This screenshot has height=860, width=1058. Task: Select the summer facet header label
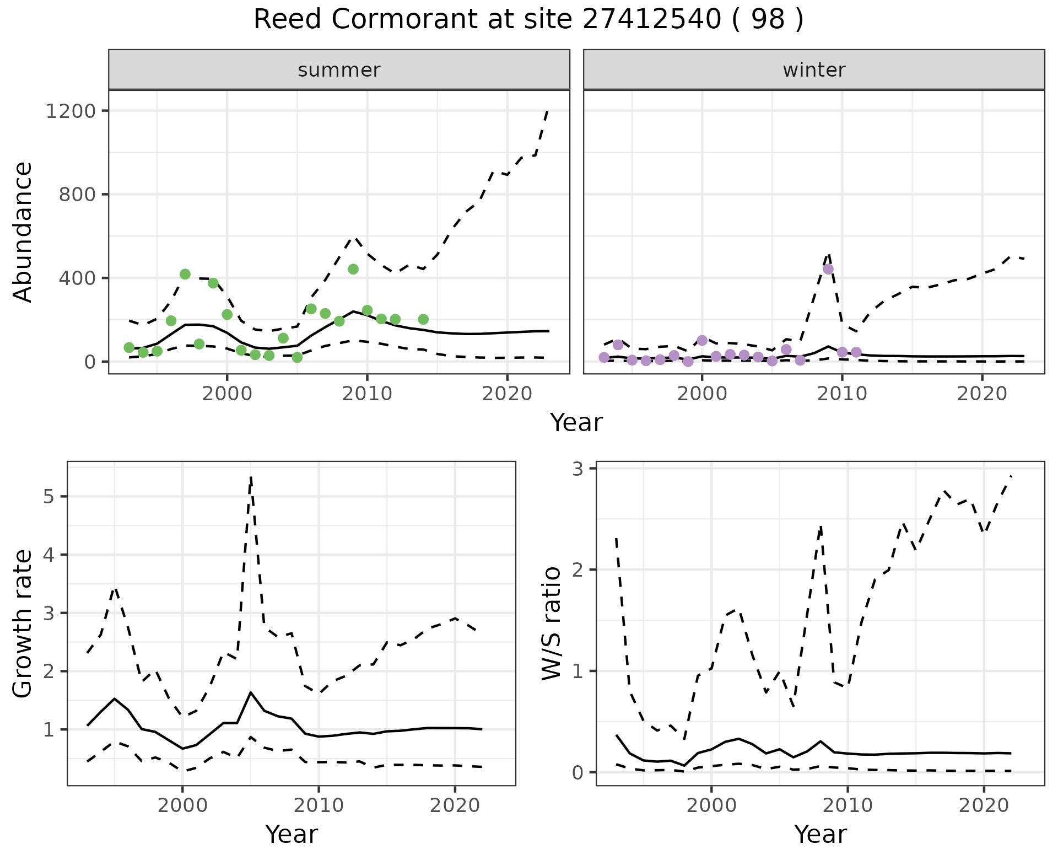click(339, 70)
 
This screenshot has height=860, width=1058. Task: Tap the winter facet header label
click(814, 70)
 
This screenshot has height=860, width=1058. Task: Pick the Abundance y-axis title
click(23, 232)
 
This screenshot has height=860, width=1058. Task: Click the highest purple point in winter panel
click(828, 269)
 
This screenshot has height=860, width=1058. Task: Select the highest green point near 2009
click(353, 269)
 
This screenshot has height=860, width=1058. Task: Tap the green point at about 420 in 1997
click(185, 274)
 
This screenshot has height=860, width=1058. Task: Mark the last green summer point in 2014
click(423, 319)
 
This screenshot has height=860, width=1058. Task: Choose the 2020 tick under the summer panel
click(507, 394)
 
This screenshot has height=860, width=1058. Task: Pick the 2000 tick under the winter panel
click(701, 394)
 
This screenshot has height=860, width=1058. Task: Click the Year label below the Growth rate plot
click(292, 834)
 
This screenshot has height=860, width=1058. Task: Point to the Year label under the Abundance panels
click(576, 423)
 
